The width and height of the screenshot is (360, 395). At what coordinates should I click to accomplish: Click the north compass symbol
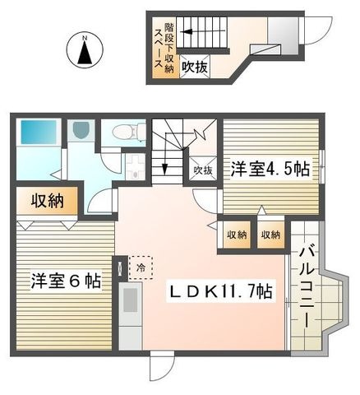pyautogui.click(x=85, y=50)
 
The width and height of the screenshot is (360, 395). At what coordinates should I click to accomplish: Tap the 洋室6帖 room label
pyautogui.click(x=66, y=281)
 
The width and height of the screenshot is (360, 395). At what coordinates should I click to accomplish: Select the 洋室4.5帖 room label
pyautogui.click(x=270, y=169)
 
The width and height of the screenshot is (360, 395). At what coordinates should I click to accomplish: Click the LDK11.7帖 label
pyautogui.click(x=221, y=291)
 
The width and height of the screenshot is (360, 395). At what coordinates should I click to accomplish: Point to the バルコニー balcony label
pyautogui.click(x=307, y=287)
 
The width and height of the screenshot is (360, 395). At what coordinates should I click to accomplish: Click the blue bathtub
pyautogui.click(x=39, y=132)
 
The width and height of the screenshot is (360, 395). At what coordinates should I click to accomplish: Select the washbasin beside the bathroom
pyautogui.click(x=81, y=130)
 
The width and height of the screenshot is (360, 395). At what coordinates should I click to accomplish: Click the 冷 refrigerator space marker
pyautogui.click(x=141, y=267)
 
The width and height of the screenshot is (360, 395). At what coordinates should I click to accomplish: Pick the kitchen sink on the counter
pyautogui.click(x=130, y=300)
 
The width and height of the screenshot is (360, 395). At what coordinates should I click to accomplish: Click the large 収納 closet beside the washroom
pyautogui.click(x=47, y=201)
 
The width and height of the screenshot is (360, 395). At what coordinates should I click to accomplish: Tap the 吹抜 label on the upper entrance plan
pyautogui.click(x=195, y=67)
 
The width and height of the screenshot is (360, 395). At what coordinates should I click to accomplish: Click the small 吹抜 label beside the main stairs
pyautogui.click(x=203, y=170)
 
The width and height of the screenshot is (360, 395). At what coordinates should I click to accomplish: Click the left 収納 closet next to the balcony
pyautogui.click(x=237, y=235)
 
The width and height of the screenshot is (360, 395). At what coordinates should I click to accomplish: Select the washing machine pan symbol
pyautogui.click(x=135, y=166)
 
